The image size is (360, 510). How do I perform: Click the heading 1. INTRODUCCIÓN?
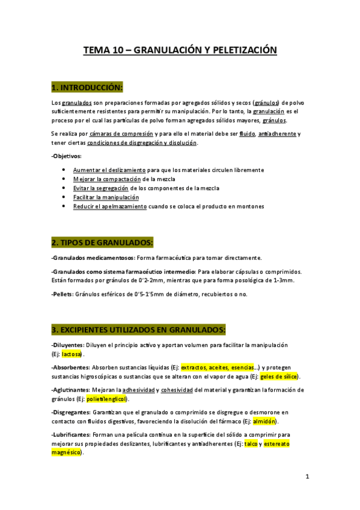click(87, 88)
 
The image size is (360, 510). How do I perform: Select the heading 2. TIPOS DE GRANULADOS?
click(102, 242)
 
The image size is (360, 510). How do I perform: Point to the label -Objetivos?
click(66, 156)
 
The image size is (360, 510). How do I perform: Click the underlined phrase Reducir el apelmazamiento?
click(110, 206)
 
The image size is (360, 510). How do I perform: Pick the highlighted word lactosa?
click(71, 354)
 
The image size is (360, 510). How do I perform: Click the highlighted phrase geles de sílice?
click(279, 376)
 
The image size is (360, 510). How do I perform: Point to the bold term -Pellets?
click(62, 294)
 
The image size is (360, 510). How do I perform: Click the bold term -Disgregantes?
click(71, 412)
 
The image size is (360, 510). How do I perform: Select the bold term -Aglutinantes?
click(70, 390)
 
